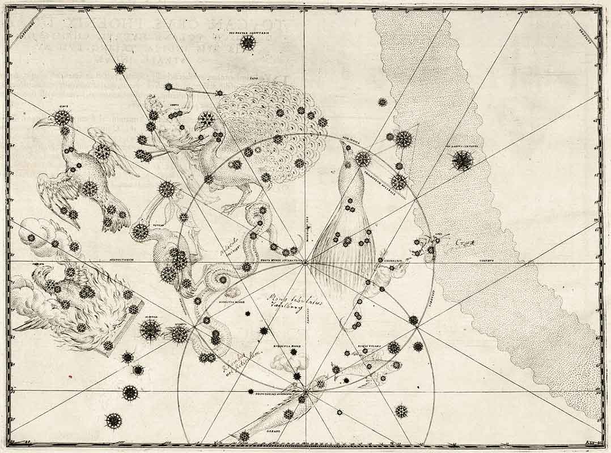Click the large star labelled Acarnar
pos(150,330)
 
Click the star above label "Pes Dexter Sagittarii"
pos(248,42)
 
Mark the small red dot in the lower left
pos(69,375)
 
